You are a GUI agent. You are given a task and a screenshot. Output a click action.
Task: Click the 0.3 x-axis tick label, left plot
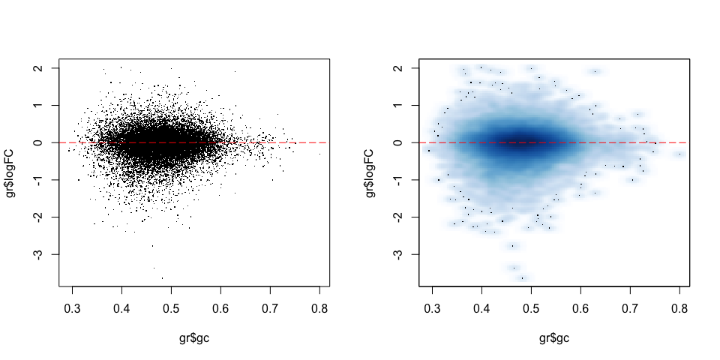click(x=72, y=308)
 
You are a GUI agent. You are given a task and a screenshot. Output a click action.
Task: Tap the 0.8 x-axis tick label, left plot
click(x=319, y=308)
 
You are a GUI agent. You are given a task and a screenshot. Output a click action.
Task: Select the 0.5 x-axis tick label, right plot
click(x=531, y=308)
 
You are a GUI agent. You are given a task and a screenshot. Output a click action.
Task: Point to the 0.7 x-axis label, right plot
click(x=631, y=308)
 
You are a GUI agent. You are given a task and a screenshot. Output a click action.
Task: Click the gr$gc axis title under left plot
click(x=194, y=339)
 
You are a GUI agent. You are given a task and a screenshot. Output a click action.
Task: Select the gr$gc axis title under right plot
click(x=554, y=339)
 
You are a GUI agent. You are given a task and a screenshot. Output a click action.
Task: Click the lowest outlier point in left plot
click(x=162, y=277)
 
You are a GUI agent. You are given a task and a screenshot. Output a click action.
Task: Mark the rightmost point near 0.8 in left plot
click(x=320, y=154)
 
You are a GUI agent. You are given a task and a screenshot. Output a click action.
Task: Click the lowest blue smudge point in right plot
click(x=522, y=277)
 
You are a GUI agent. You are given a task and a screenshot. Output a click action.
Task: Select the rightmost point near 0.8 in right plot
click(x=680, y=154)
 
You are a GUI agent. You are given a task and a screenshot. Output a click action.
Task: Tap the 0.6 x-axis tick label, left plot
click(x=220, y=308)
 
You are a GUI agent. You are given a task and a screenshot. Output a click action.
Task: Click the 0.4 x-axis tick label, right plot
click(x=481, y=308)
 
